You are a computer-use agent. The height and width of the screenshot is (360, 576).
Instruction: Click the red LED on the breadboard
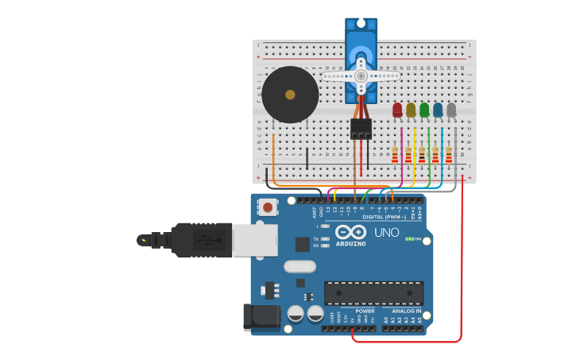pyautogui.click(x=397, y=110)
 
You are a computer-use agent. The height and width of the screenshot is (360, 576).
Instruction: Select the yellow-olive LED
pyautogui.click(x=411, y=110)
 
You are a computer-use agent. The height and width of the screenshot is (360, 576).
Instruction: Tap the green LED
pyautogui.click(x=424, y=110)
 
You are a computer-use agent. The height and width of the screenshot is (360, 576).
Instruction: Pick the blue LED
pyautogui.click(x=438, y=110)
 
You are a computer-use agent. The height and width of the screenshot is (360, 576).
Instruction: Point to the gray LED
pyautogui.click(x=451, y=110)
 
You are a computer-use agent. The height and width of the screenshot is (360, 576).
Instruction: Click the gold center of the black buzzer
pyautogui.click(x=290, y=95)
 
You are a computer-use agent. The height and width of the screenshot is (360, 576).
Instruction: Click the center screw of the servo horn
pyautogui.click(x=361, y=75)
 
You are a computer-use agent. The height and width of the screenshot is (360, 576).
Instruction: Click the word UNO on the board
pyautogui.click(x=386, y=233)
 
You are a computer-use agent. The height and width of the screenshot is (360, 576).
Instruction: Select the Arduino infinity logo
pyautogui.click(x=350, y=232)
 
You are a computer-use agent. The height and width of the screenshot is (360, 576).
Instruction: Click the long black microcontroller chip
pyautogui.click(x=373, y=292)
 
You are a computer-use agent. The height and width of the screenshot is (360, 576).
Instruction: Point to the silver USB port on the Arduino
pyautogui.click(x=255, y=240)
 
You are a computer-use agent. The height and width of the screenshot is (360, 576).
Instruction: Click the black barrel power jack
pyautogui.click(x=262, y=316)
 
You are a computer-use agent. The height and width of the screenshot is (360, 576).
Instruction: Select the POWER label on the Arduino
pyautogui.click(x=365, y=311)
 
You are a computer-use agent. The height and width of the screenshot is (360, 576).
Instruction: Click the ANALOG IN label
pyautogui.click(x=407, y=311)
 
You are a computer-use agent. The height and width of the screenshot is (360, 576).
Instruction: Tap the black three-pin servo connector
pyautogui.click(x=361, y=129)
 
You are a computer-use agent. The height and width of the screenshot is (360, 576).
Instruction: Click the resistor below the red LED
pyautogui.click(x=395, y=154)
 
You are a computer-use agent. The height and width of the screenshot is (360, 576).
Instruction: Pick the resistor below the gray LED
pyautogui.click(x=449, y=154)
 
